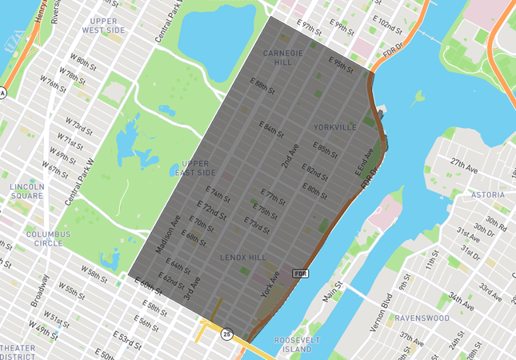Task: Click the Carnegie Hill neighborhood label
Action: pos(283,58)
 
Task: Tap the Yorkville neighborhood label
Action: pos(335,127)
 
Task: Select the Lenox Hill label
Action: pos(243,258)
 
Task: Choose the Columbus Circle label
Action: pos(48,239)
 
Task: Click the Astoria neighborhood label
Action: pos(486,195)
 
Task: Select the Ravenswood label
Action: pos(421,318)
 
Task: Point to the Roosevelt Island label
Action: pos(297,345)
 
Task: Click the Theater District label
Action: pos(18,352)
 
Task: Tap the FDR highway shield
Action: pos(301,274)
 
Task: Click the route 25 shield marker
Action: pos(226,334)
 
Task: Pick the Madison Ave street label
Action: pos(168,234)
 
